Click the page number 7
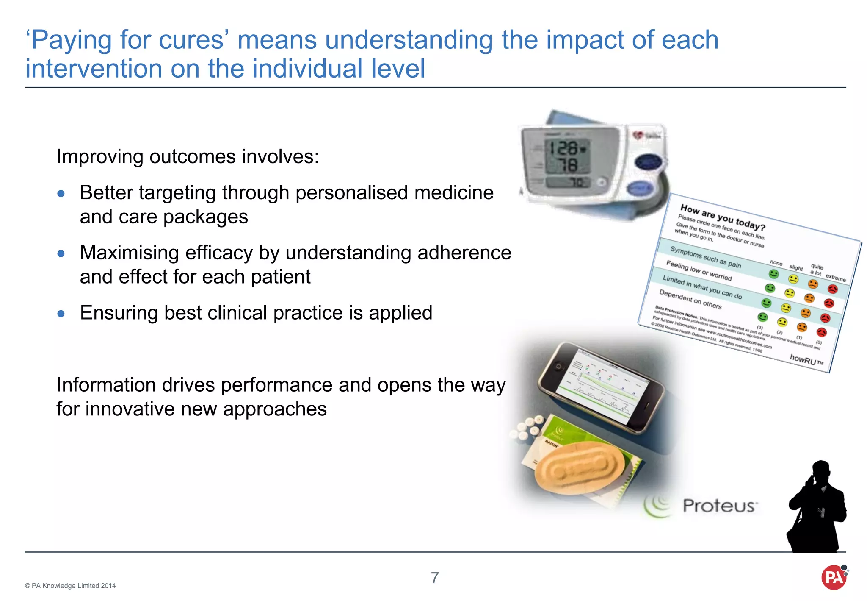[435, 578]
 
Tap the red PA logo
[834, 578]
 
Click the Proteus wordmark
[719, 506]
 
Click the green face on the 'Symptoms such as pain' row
[774, 274]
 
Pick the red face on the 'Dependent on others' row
[821, 332]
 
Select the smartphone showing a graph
[601, 388]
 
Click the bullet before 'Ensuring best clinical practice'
[61, 314]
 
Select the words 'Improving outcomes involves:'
[188, 157]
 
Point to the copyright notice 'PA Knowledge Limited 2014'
[70, 586]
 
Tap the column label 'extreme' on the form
[835, 278]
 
